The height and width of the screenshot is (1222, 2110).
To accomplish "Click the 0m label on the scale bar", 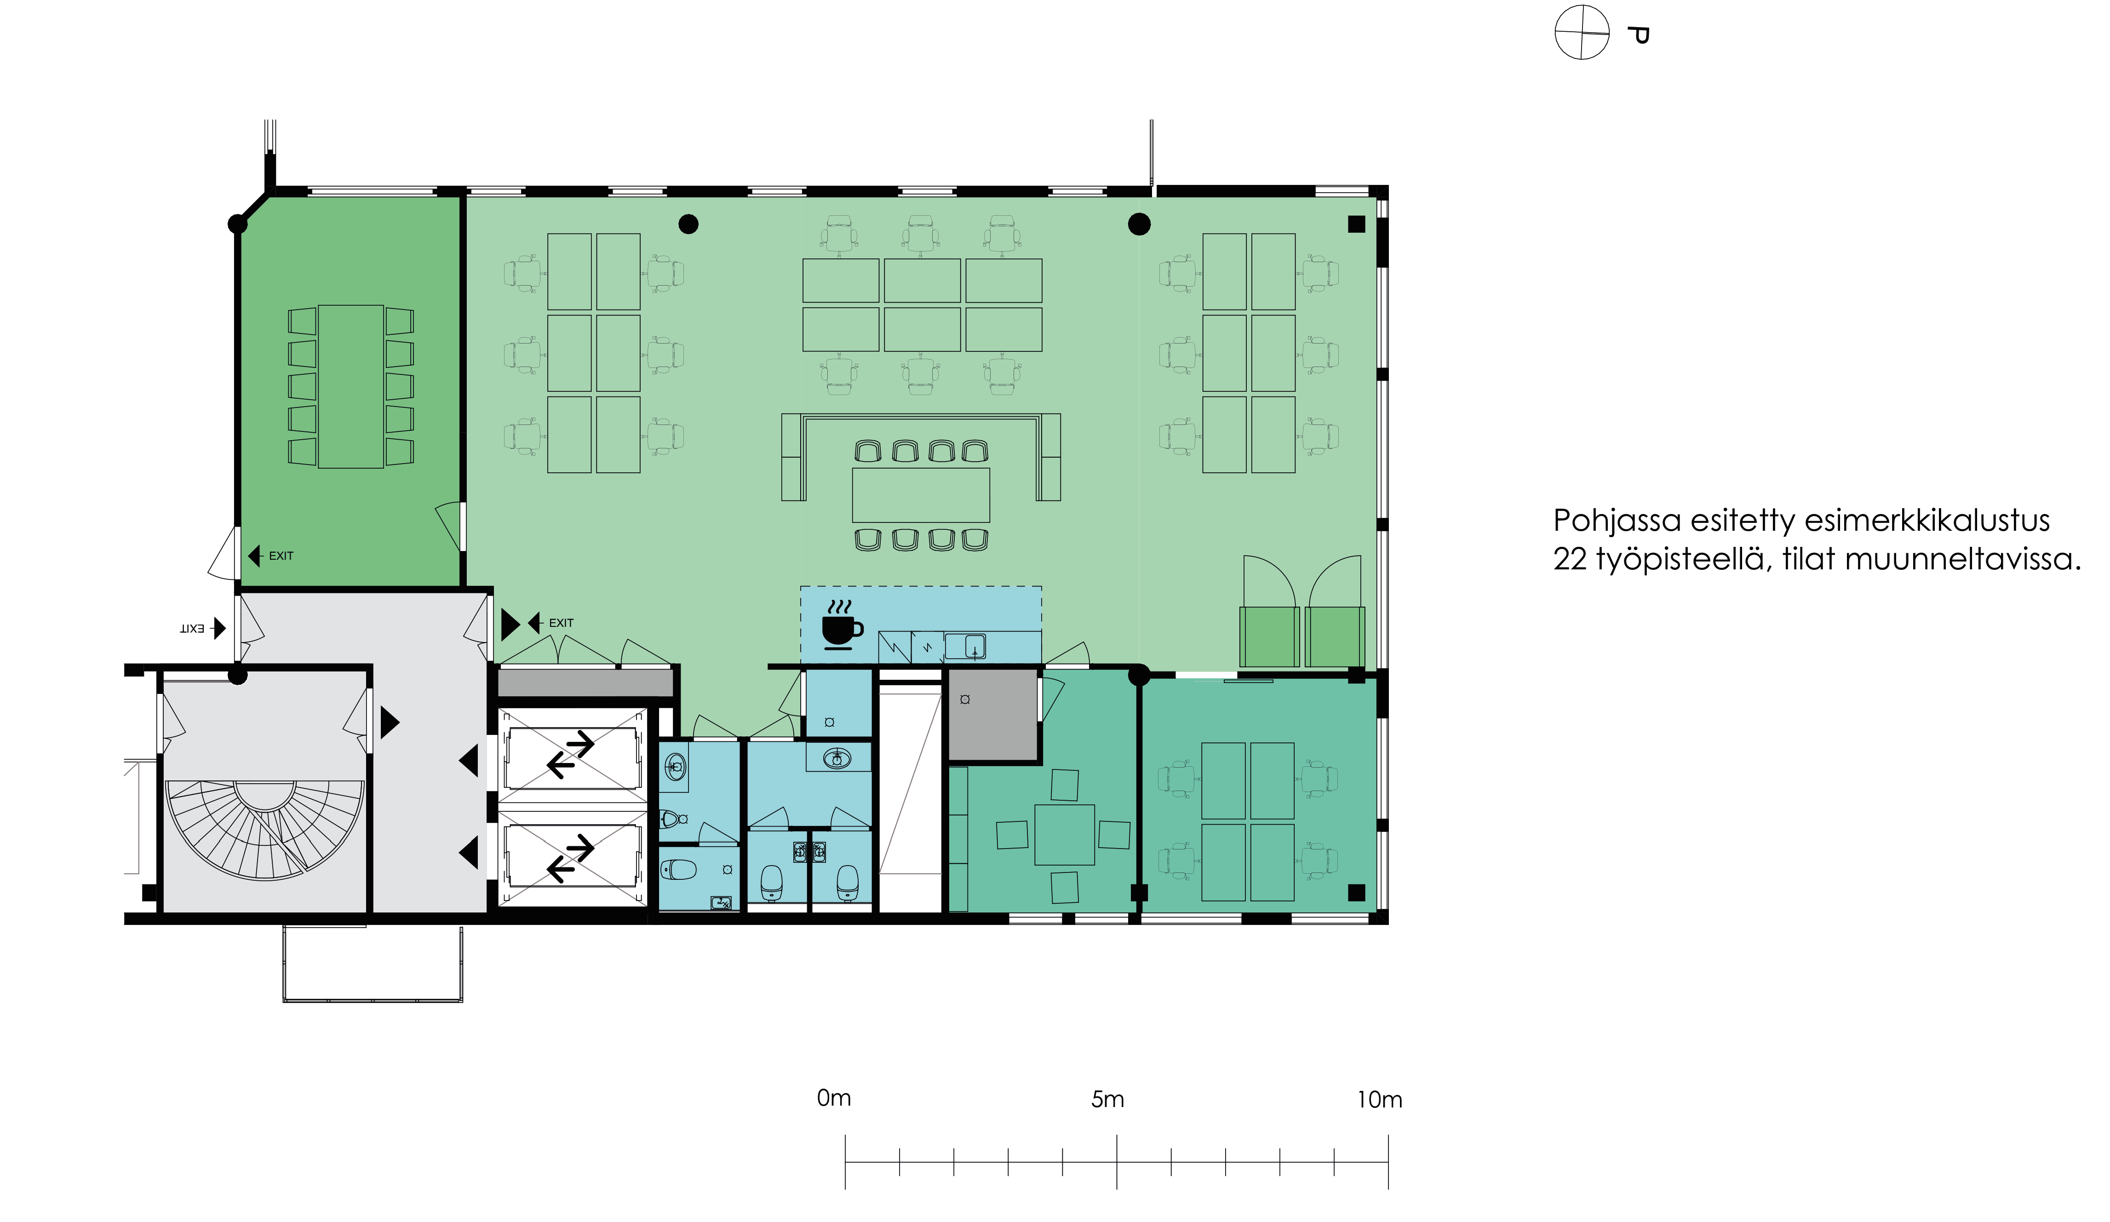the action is point(834,1098).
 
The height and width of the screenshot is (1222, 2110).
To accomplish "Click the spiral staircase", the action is point(264,829).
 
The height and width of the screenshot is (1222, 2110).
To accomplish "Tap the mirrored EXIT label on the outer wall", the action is point(192,628).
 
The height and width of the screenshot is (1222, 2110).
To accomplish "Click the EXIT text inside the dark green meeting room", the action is point(281,555).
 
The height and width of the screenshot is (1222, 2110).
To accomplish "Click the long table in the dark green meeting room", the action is point(351,386).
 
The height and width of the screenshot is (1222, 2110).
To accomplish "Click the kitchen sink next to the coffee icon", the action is point(965,646).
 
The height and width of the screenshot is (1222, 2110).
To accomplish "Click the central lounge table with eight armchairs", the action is point(921,495).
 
